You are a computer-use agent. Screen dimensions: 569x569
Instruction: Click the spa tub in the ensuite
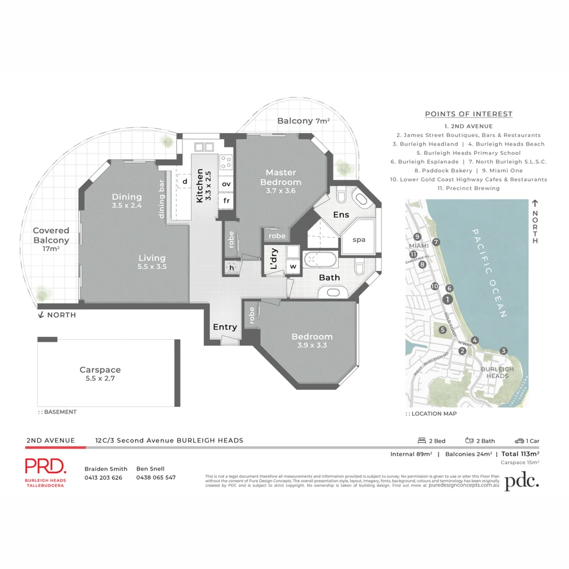pos(359,239)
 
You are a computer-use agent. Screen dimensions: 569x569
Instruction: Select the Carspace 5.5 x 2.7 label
pos(100,374)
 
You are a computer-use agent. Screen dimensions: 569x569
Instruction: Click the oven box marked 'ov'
pos(226,184)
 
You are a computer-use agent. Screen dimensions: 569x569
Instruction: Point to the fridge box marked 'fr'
pos(226,201)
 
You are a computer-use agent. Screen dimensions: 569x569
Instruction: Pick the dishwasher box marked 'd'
pos(185,181)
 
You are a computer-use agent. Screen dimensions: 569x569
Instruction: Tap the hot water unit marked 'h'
pos(230,267)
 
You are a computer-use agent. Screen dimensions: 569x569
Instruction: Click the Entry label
pos(224,327)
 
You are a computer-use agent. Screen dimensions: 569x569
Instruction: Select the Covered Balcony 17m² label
pos(51,240)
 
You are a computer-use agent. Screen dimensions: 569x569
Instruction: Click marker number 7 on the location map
pos(436,242)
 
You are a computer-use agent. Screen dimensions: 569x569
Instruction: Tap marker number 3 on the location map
pos(504,351)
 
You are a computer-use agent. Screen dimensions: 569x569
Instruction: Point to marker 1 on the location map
pos(447,299)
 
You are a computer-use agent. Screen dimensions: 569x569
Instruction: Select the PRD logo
pos(46,466)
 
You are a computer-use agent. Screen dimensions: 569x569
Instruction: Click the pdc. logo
pos(522,482)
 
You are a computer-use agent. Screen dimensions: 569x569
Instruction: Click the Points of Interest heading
pos(468,114)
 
